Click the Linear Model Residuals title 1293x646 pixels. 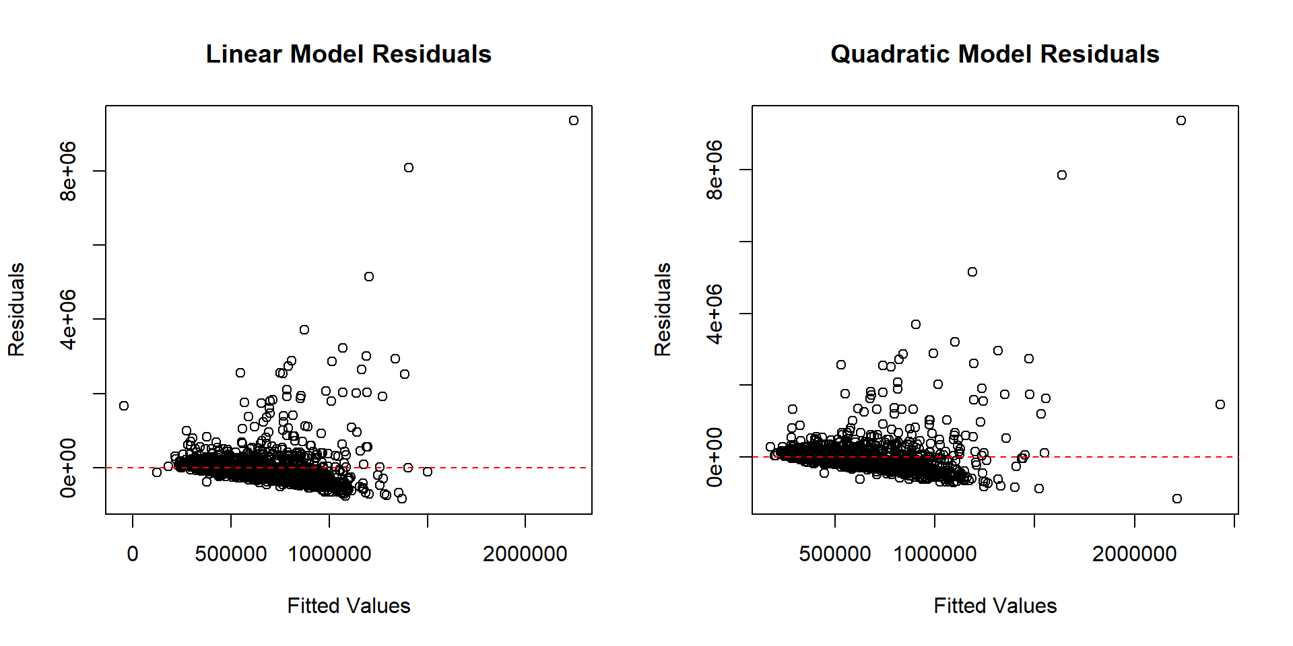pyautogui.click(x=348, y=54)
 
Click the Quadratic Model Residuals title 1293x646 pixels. pyautogui.click(x=995, y=54)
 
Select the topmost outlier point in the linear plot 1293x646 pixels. pyautogui.click(x=573, y=120)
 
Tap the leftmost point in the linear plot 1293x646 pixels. pyautogui.click(x=124, y=406)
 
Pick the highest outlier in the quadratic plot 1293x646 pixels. pyautogui.click(x=1181, y=120)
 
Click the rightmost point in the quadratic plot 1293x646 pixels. pyautogui.click(x=1220, y=404)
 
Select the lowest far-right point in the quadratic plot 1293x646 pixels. pyautogui.click(x=1177, y=499)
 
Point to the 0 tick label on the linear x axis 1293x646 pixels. pyautogui.click(x=133, y=554)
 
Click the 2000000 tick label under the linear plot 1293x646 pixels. pyautogui.click(x=525, y=554)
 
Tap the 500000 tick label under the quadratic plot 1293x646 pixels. pyautogui.click(x=835, y=554)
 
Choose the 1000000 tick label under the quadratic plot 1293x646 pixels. pyautogui.click(x=935, y=554)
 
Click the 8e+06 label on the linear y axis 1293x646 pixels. pyautogui.click(x=69, y=171)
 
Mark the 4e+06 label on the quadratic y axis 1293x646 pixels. pyautogui.click(x=715, y=314)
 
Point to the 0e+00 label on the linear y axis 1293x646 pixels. pyautogui.click(x=69, y=468)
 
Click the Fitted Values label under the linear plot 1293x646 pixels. pyautogui.click(x=348, y=606)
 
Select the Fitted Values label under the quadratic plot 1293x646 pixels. pyautogui.click(x=995, y=606)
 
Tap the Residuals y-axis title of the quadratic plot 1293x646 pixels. pyautogui.click(x=663, y=310)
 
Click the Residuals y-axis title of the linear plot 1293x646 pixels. pyautogui.click(x=17, y=310)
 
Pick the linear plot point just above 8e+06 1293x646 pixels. pyautogui.click(x=408, y=168)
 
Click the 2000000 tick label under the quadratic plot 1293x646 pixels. pyautogui.click(x=1134, y=554)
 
